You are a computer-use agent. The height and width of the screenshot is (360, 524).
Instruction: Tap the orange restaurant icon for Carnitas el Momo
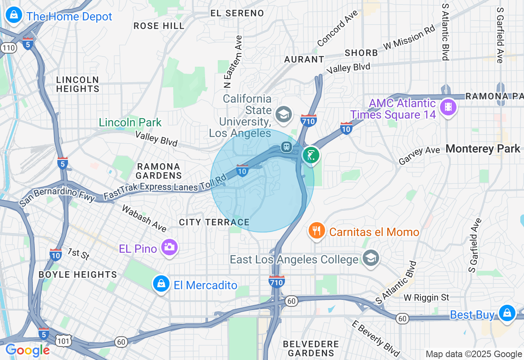(316, 231)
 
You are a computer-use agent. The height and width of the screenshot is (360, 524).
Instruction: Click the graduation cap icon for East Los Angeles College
(370, 258)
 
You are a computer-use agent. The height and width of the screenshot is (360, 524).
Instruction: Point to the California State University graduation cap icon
(283, 114)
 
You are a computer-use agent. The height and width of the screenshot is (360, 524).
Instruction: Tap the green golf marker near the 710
(311, 155)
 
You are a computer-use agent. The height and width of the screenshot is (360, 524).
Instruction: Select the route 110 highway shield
(8, 48)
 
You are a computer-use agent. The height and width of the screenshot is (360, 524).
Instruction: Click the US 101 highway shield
(65, 340)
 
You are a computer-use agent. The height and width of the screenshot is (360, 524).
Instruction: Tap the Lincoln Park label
(130, 122)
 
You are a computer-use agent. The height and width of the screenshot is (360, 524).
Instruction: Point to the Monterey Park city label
(483, 149)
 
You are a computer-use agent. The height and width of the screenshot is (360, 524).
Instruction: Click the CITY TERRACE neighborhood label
(214, 222)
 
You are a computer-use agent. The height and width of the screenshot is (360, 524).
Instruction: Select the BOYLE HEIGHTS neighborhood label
(78, 274)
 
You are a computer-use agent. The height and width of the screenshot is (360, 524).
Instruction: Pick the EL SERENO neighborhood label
(237, 13)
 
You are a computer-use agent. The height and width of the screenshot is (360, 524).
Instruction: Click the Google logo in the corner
(27, 350)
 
